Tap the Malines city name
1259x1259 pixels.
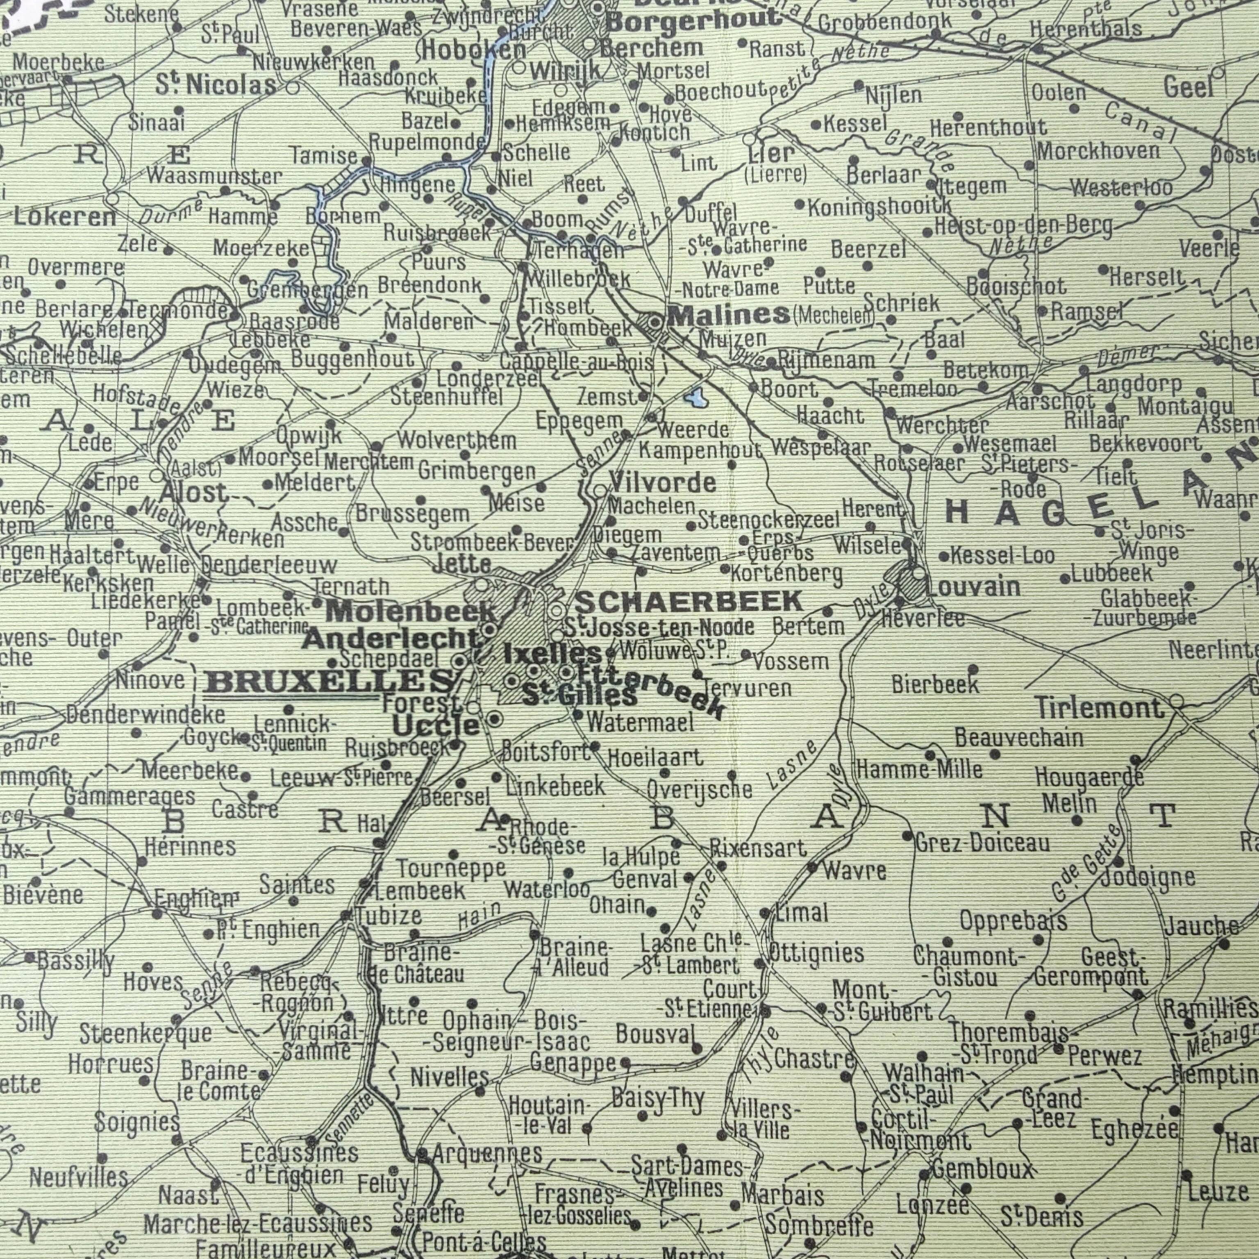[x=729, y=316]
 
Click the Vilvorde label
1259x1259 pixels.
[x=662, y=483]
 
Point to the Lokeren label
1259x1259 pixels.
[x=64, y=217]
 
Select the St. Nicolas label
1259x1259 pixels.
[x=216, y=85]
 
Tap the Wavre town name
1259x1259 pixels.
[x=854, y=870]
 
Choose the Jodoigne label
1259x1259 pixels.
[x=1148, y=877]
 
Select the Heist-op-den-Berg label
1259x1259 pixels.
[x=1023, y=225]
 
